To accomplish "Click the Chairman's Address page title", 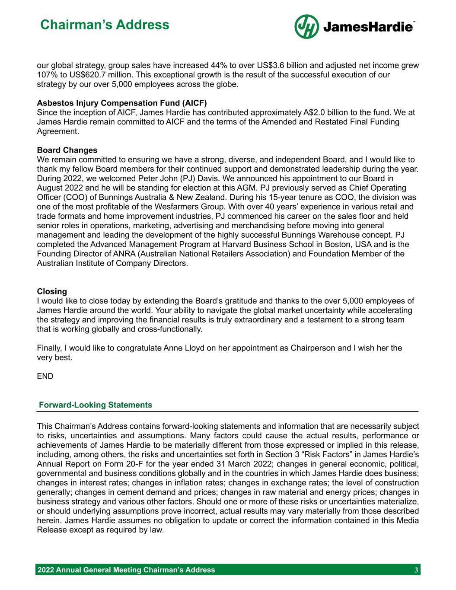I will click(x=105, y=25).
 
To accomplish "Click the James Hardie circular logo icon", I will click(x=306, y=27).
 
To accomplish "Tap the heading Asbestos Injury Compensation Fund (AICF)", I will click(x=122, y=103).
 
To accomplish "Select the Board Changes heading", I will click(x=67, y=150).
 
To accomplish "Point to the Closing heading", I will click(x=52, y=292).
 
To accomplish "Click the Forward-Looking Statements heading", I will click(x=96, y=405).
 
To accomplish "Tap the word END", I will click(x=45, y=376).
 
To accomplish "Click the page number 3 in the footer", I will click(x=416, y=570).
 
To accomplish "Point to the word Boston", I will click(x=333, y=245).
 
